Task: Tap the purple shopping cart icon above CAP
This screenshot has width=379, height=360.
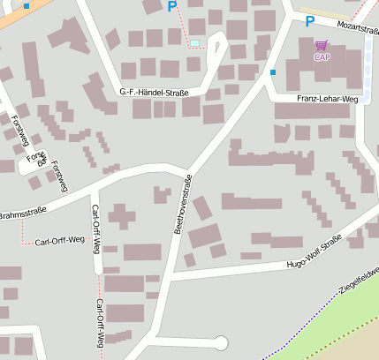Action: coord(321,45)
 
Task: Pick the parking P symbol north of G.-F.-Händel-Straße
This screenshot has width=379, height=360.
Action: coord(171,7)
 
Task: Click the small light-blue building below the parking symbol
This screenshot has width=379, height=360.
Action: coord(194,42)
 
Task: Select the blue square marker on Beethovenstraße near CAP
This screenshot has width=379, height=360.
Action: coord(273,71)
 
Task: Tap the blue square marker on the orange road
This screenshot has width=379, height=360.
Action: coord(27,5)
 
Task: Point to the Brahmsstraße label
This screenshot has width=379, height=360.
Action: coord(22,214)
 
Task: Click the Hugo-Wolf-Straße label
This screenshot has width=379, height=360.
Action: coord(314,257)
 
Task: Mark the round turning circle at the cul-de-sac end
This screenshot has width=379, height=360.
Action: coord(221,342)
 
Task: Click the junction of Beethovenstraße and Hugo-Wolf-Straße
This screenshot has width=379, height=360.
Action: coord(166,276)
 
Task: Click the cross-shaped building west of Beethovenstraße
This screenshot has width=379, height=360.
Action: coord(122,214)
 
